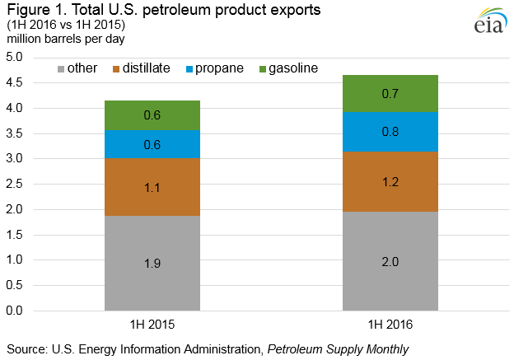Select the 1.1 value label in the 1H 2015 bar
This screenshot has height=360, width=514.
tap(152, 188)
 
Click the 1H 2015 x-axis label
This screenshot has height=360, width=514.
tap(152, 325)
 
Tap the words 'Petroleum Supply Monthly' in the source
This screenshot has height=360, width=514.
tap(338, 348)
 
